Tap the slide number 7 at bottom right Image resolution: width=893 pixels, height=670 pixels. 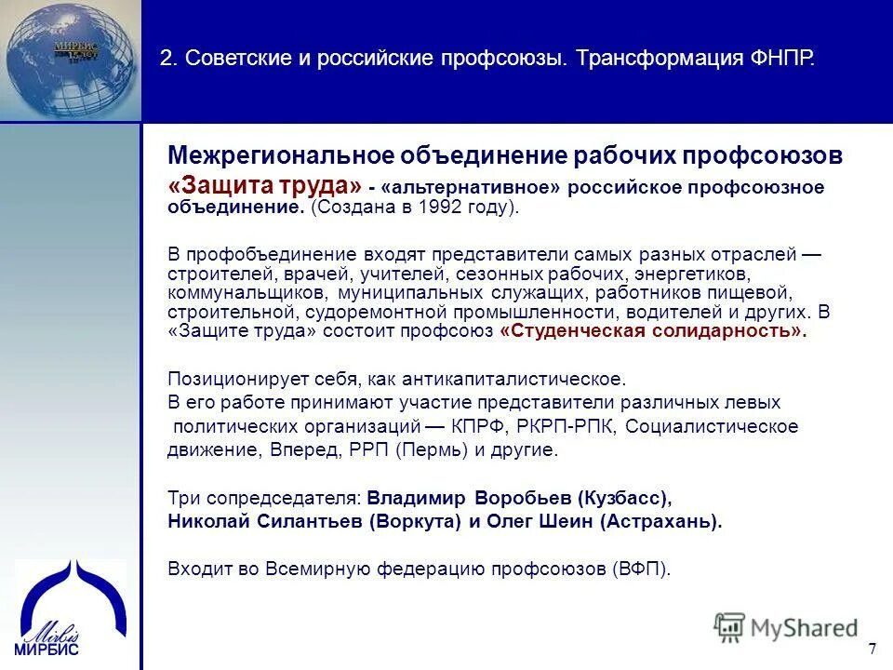(x=872, y=649)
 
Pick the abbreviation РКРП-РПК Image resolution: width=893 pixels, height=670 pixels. (x=566, y=426)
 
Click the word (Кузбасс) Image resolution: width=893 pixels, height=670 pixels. (x=623, y=497)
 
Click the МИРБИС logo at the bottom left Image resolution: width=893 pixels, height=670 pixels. (x=69, y=605)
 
